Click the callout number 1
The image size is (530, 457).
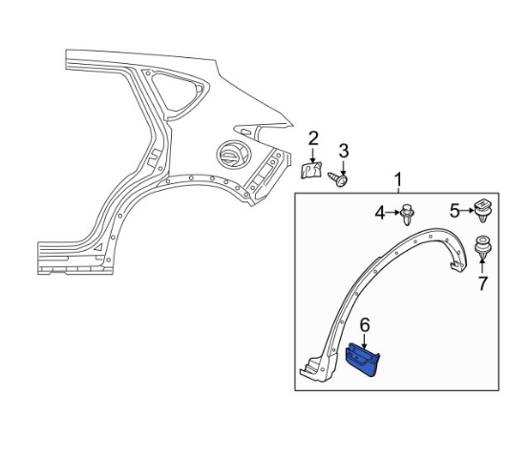(x=399, y=179)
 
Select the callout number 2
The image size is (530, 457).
(x=313, y=138)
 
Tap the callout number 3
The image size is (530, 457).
(x=344, y=151)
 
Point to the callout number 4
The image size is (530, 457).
(x=380, y=213)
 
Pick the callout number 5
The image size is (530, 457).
(x=455, y=211)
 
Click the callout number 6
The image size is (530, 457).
(x=365, y=325)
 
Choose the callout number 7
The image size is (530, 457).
(x=482, y=283)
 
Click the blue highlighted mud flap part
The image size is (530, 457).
(x=363, y=360)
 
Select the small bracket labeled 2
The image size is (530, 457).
(x=311, y=170)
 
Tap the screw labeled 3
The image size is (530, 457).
(x=338, y=178)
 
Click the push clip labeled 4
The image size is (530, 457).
(x=407, y=214)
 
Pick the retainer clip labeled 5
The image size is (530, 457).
(x=482, y=211)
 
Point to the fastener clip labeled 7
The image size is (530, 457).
(x=482, y=247)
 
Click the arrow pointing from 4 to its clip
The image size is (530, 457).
(x=392, y=213)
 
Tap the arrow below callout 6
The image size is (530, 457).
(x=365, y=342)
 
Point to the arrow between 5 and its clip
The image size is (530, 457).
(x=468, y=211)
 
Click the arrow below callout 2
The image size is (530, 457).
(x=312, y=155)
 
